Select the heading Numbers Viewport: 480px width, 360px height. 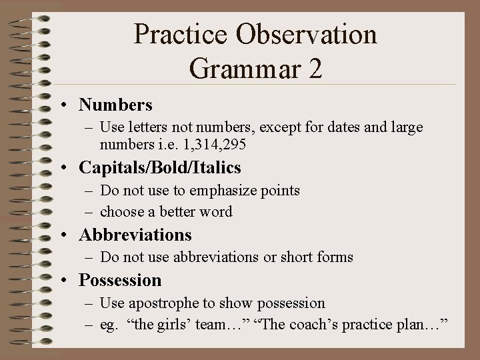pos(115,105)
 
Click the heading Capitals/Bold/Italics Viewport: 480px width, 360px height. pos(160,167)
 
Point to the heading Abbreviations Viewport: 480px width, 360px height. pos(135,235)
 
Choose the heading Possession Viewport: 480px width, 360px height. pos(120,280)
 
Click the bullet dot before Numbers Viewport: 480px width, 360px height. pos(68,105)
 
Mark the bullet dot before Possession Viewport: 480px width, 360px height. pos(68,281)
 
